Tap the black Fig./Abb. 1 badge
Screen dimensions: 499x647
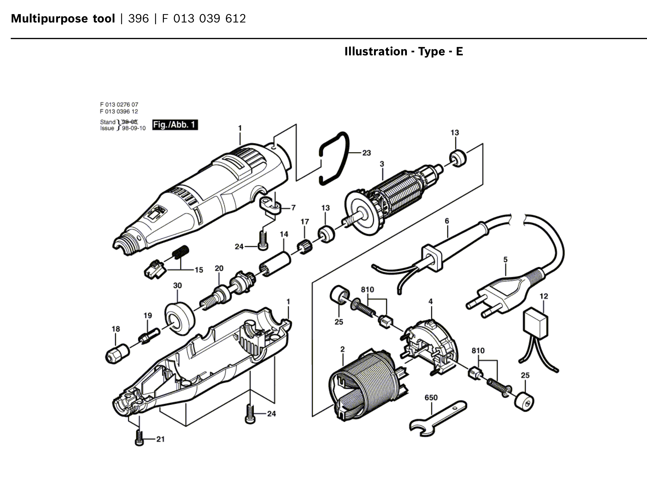(175, 125)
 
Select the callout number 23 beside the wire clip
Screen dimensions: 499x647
(366, 153)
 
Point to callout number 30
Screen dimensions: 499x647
(177, 285)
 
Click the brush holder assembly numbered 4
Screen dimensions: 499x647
(430, 347)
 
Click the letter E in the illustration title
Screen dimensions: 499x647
(459, 52)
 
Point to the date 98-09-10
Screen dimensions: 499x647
(134, 128)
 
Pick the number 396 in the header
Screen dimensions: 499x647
(138, 19)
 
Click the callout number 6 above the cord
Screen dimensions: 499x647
(447, 221)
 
